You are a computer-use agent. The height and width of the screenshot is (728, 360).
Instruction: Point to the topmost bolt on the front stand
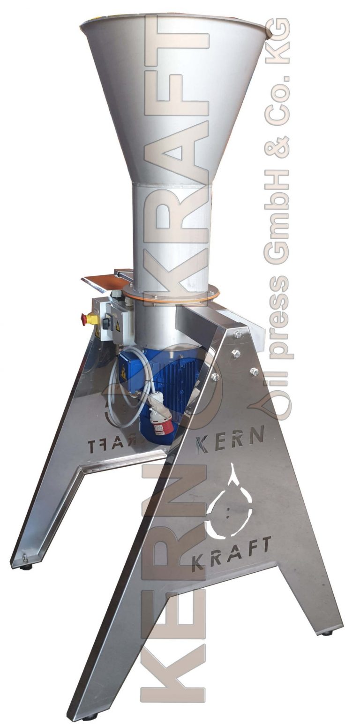pyautogui.click(x=238, y=334)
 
